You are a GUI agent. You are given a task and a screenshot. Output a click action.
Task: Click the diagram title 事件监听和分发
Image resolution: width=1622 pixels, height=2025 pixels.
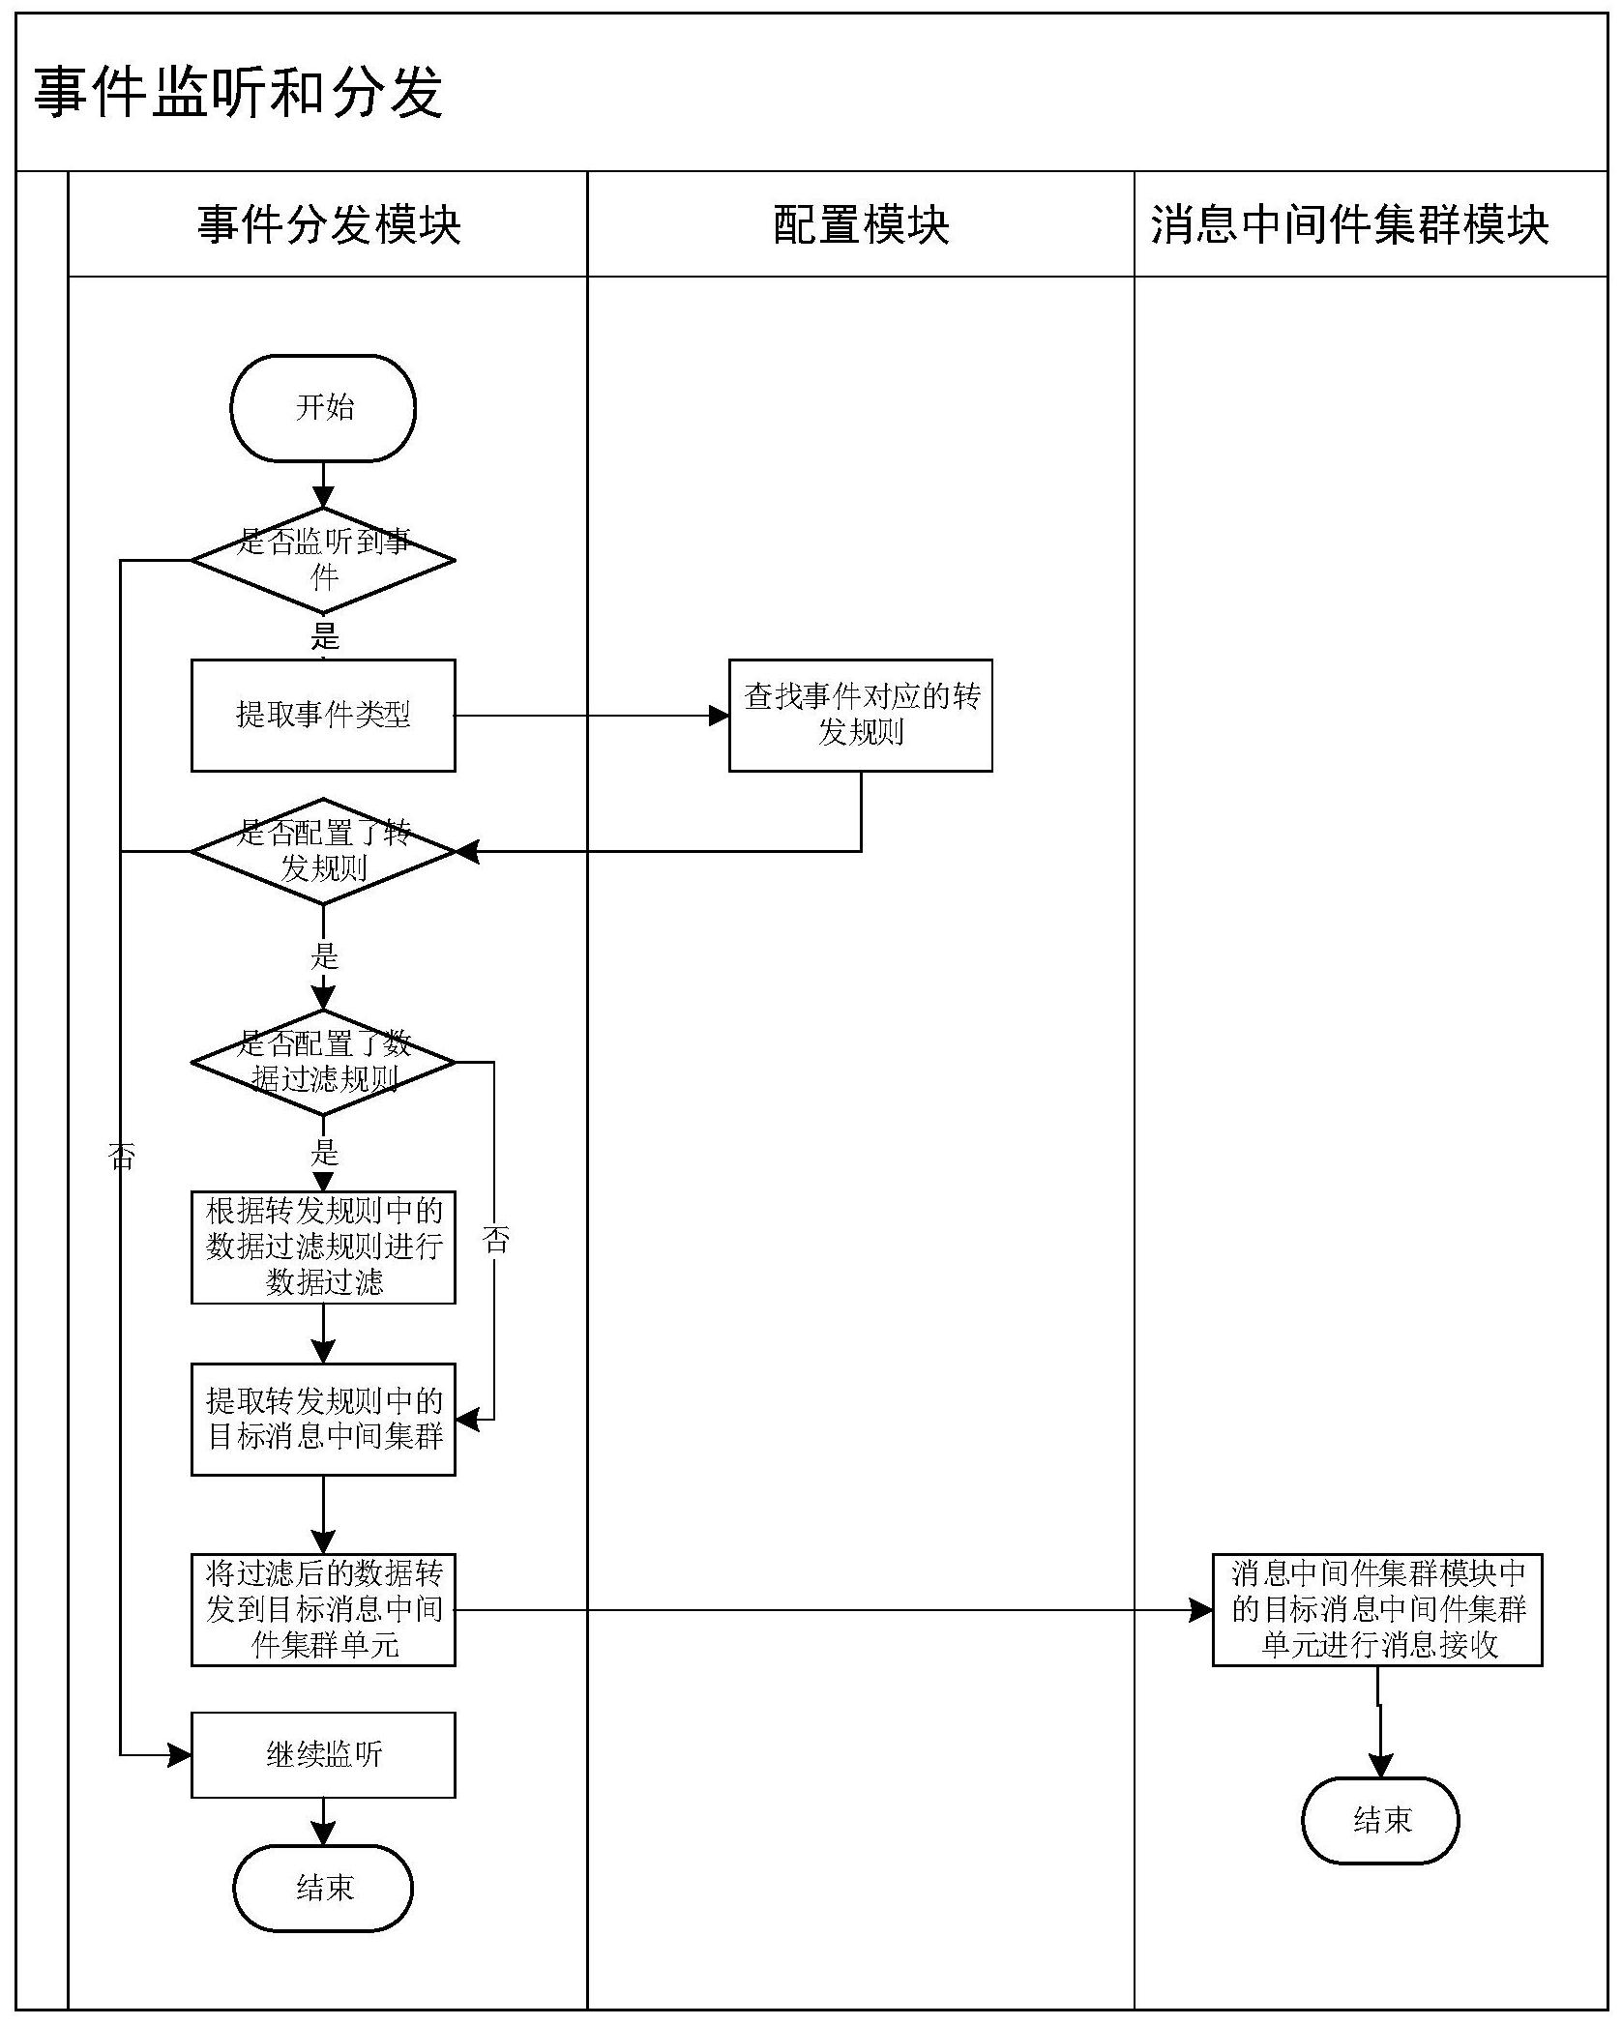tap(238, 93)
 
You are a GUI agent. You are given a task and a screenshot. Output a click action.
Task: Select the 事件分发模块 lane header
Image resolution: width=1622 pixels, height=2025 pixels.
tap(328, 224)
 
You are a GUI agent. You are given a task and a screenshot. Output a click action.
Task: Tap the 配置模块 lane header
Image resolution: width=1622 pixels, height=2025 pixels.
tap(860, 224)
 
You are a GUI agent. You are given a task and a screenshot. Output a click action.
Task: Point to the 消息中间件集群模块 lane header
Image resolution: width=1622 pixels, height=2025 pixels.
tap(1349, 224)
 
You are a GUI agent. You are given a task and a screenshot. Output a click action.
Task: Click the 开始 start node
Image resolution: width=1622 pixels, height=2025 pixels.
tap(323, 407)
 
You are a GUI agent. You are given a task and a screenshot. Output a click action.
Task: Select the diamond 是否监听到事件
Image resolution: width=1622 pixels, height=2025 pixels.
tap(323, 560)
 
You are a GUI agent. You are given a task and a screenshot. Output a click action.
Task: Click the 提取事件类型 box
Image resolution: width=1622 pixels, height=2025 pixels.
tap(323, 715)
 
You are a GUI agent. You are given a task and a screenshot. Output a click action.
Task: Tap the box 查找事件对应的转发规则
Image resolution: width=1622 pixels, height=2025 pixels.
tap(860, 715)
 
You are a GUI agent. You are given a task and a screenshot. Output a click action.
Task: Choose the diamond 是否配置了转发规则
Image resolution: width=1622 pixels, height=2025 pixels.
tap(323, 851)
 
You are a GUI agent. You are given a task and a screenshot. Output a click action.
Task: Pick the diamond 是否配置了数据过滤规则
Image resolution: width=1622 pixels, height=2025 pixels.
tap(323, 1062)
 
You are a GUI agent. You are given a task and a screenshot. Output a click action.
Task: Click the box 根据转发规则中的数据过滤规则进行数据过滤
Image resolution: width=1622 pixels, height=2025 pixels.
tap(323, 1247)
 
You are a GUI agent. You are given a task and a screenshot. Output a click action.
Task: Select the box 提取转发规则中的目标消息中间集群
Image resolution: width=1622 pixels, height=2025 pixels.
tap(323, 1419)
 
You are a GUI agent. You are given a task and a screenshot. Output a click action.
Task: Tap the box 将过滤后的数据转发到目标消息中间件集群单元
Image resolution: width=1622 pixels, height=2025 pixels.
tap(323, 1610)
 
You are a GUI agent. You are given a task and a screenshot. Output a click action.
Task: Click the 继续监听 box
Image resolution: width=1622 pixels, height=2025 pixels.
tap(323, 1754)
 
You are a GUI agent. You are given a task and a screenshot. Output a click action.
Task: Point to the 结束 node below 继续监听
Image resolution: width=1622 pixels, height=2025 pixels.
tap(323, 1888)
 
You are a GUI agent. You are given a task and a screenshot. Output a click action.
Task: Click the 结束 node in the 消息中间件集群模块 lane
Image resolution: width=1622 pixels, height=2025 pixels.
tap(1379, 1820)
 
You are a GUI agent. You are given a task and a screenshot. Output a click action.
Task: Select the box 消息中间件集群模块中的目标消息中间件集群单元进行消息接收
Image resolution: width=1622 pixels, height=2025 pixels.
tap(1376, 1610)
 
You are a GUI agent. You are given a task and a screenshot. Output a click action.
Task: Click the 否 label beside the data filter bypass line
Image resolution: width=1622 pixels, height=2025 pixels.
tap(496, 1241)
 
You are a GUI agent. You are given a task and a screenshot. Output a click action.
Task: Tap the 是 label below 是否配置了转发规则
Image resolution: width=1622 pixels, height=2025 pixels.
tap(324, 956)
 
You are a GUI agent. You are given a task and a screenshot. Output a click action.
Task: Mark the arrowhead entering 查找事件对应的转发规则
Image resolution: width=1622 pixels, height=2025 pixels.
tap(719, 716)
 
